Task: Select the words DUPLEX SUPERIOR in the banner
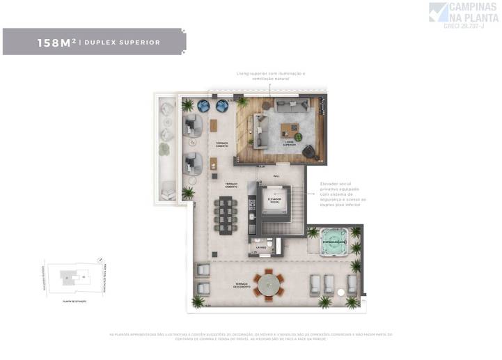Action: tap(122, 42)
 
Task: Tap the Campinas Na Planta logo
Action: tap(463, 15)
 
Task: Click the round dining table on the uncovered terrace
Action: tap(267, 285)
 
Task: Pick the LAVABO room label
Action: tap(261, 247)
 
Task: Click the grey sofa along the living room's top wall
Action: tap(292, 105)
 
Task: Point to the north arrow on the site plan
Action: tap(45, 265)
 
